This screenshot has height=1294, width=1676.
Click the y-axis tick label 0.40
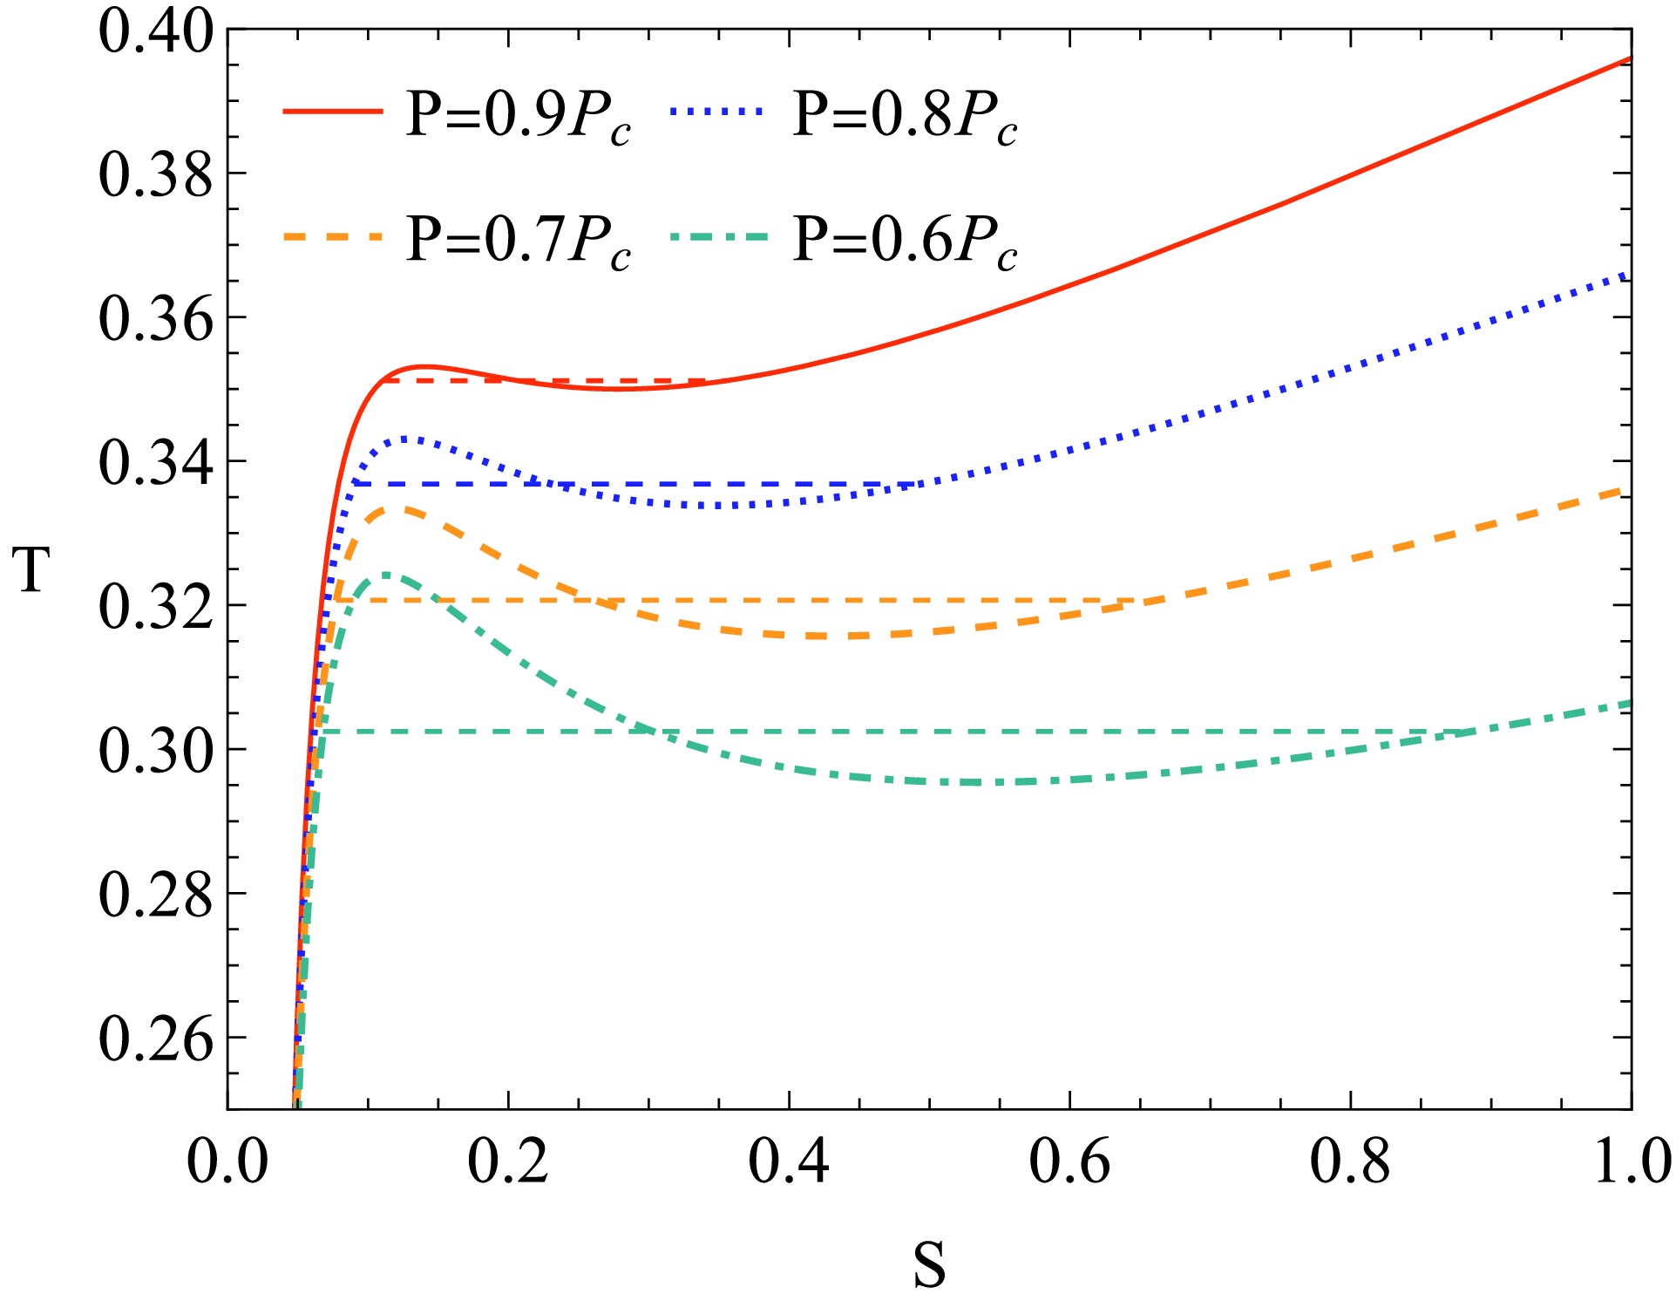click(x=155, y=31)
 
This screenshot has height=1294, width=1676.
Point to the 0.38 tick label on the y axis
click(x=155, y=174)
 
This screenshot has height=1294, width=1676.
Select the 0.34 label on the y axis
click(x=155, y=463)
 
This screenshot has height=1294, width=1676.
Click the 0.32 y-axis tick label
click(x=155, y=607)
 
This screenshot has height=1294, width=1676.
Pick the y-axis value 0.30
click(x=155, y=751)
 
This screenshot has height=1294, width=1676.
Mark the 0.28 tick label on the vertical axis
click(x=155, y=895)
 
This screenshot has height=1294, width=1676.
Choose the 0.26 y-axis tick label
click(x=155, y=1039)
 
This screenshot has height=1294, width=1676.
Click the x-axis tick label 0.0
click(x=227, y=1162)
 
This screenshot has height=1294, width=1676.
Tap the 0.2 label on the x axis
click(x=508, y=1162)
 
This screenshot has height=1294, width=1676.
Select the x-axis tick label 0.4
click(x=789, y=1162)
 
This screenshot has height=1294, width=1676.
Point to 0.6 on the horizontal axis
click(x=1069, y=1162)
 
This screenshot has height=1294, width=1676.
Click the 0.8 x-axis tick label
click(x=1350, y=1162)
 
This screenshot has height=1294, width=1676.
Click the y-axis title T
click(x=33, y=570)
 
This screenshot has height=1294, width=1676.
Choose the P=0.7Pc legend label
click(x=519, y=241)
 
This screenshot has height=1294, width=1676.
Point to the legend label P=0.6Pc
click(x=905, y=241)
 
